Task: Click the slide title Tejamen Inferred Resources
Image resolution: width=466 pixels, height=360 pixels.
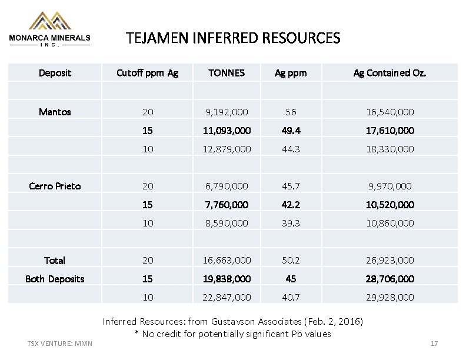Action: click(x=233, y=39)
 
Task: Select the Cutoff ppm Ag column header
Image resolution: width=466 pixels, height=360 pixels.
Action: click(x=147, y=74)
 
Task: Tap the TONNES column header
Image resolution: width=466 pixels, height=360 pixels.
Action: click(x=227, y=74)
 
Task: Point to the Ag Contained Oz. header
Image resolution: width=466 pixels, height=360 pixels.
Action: click(x=390, y=74)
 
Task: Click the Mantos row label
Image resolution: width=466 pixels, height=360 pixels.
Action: click(x=55, y=111)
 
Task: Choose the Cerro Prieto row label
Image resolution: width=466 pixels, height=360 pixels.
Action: click(x=55, y=186)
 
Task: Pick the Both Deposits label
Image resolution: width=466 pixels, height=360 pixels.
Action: click(x=55, y=279)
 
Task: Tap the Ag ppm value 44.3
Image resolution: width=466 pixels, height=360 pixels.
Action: click(x=291, y=149)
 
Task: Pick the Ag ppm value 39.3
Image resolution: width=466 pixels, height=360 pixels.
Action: click(x=291, y=223)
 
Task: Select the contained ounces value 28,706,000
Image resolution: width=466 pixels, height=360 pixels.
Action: click(x=390, y=279)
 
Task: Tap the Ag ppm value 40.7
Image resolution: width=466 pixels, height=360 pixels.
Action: click(x=291, y=298)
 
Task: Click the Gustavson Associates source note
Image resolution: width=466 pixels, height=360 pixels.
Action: click(x=233, y=322)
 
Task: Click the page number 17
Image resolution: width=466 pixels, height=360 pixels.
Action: click(x=434, y=344)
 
